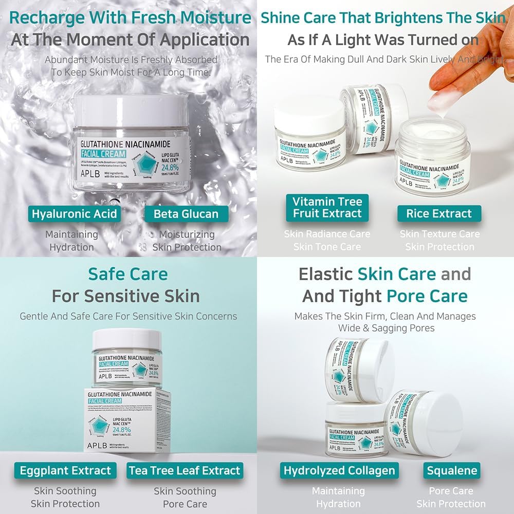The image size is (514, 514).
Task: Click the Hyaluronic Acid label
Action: click(x=75, y=214)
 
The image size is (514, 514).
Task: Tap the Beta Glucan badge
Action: click(x=186, y=214)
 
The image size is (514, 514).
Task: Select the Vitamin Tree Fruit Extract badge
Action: click(x=327, y=207)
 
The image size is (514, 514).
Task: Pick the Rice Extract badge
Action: click(x=439, y=213)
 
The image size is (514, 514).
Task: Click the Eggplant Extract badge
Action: click(x=65, y=470)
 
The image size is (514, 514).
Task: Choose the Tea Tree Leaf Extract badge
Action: click(x=185, y=470)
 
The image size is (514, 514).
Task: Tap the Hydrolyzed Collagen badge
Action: click(x=339, y=470)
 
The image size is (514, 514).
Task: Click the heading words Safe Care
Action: click(x=128, y=273)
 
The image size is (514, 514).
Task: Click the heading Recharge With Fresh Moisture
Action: click(x=131, y=17)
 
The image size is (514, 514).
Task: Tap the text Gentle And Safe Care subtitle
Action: click(x=128, y=316)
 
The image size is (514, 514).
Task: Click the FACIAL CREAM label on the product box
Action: click(x=105, y=400)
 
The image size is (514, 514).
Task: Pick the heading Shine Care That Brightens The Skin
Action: click(x=383, y=17)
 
